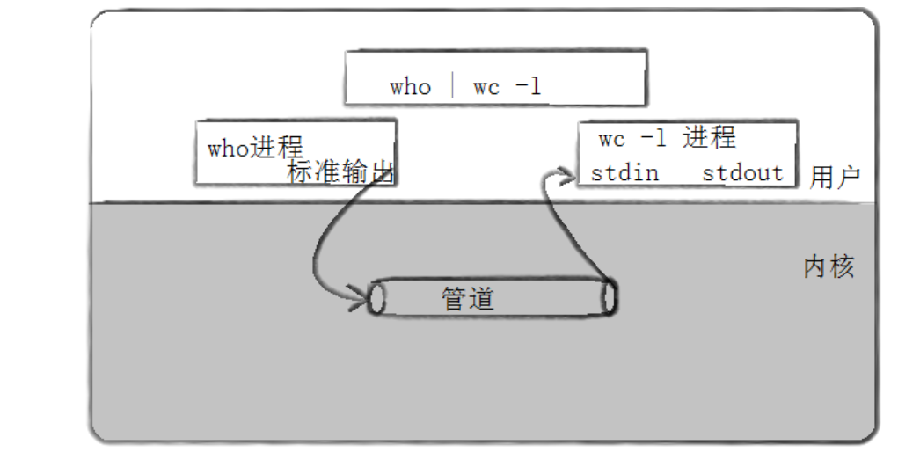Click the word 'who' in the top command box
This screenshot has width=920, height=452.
[411, 87]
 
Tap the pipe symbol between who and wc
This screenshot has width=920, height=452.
[452, 86]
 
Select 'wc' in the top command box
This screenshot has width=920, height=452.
[487, 87]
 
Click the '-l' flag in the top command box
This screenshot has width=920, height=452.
[529, 87]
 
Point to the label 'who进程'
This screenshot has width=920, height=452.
[254, 147]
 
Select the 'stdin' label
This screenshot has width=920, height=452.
[624, 171]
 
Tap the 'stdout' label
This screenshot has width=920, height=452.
[742, 171]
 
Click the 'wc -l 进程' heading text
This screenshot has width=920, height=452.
[667, 139]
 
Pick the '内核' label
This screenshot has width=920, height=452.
[829, 267]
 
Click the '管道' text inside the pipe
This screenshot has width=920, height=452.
[467, 299]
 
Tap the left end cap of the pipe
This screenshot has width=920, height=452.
[377, 298]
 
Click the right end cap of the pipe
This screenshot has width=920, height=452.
[609, 296]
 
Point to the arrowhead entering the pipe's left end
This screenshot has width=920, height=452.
[360, 299]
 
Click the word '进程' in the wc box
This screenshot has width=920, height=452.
[709, 138]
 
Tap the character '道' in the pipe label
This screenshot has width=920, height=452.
[480, 299]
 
